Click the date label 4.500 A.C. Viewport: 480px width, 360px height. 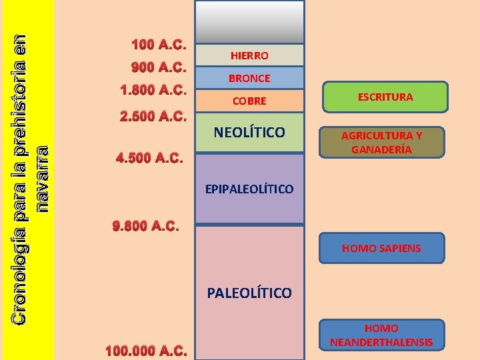[149, 159]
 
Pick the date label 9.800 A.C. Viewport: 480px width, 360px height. [147, 226]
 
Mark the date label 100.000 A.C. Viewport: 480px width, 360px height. [147, 351]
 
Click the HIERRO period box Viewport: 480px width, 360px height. [249, 56]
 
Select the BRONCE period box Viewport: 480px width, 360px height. [249, 78]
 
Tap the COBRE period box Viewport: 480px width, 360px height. [249, 101]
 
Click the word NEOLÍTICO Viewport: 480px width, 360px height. [249, 132]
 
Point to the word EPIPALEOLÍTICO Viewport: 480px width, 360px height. [249, 189]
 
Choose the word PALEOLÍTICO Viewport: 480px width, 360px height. [249, 293]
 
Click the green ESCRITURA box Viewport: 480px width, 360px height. [385, 97]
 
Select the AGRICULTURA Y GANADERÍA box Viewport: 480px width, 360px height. [381, 142]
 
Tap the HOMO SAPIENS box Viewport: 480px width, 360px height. [381, 248]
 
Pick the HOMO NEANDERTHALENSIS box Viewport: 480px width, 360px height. [381, 336]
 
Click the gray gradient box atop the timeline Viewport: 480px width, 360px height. [249, 22]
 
